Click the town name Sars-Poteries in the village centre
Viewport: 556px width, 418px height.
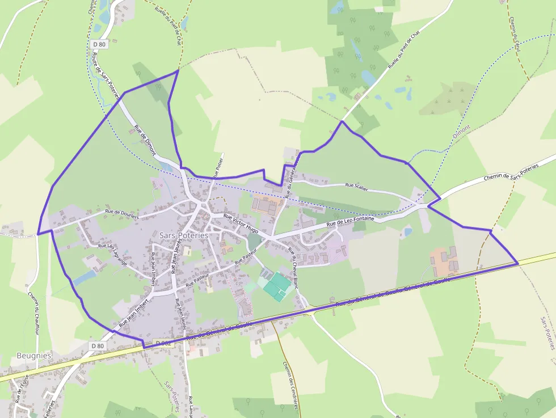click(184, 235)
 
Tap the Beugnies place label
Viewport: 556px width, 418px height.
click(34, 356)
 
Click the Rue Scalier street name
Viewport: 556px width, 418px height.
click(356, 185)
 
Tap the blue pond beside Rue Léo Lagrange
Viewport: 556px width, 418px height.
click(85, 277)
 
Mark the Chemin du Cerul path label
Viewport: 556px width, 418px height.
click(515, 35)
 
